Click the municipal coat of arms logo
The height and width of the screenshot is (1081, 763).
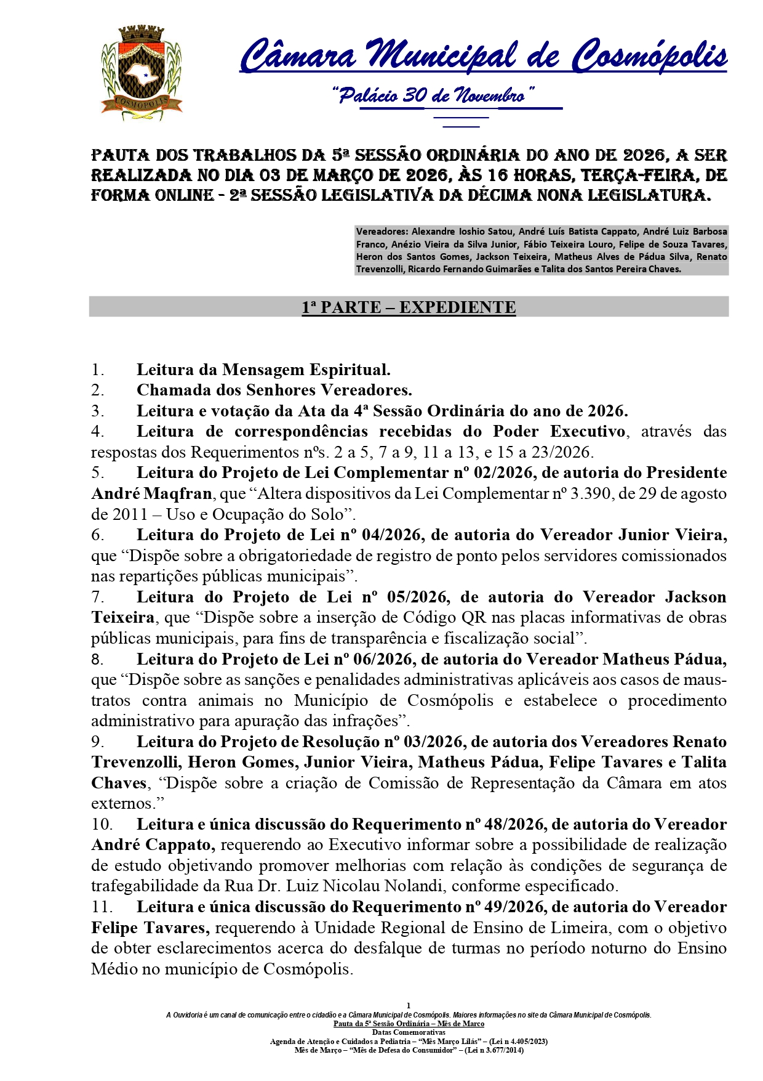(x=142, y=73)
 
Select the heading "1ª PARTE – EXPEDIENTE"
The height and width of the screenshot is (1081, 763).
(x=409, y=307)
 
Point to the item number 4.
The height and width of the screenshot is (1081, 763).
(x=97, y=432)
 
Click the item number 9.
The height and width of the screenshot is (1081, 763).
(x=97, y=742)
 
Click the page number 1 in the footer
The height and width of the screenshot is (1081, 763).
(x=409, y=1006)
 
